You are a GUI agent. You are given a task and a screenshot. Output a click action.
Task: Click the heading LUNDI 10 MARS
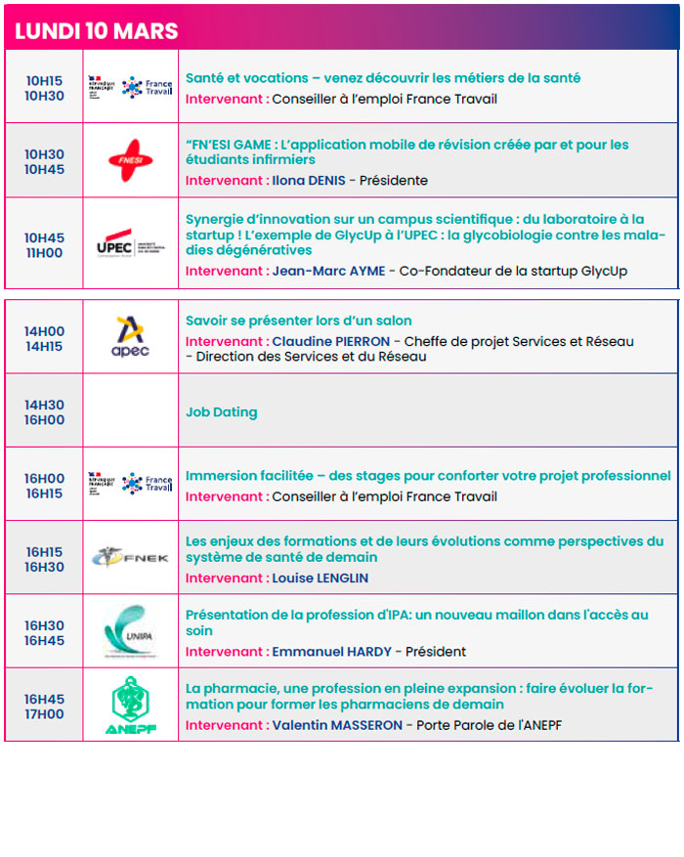(x=97, y=30)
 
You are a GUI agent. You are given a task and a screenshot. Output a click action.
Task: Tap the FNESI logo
(x=131, y=160)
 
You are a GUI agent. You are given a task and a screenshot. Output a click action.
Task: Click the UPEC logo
(x=131, y=243)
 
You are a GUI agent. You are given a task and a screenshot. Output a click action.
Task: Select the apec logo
(x=131, y=335)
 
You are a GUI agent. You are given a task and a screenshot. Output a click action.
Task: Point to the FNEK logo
(x=131, y=558)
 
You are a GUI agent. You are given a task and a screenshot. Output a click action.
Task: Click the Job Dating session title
(x=222, y=412)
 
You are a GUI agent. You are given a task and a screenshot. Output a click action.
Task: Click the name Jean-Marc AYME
(x=327, y=271)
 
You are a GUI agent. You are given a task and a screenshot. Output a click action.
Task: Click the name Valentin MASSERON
(x=339, y=725)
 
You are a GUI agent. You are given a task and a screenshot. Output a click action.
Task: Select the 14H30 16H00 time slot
(x=45, y=412)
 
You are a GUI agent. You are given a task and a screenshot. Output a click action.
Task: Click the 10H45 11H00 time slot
(x=45, y=245)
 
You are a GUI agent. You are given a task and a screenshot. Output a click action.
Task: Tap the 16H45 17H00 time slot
(x=45, y=707)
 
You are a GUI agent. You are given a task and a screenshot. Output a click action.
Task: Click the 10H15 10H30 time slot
(x=45, y=88)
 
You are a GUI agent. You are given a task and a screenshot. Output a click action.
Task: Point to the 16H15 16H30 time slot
(x=45, y=559)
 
